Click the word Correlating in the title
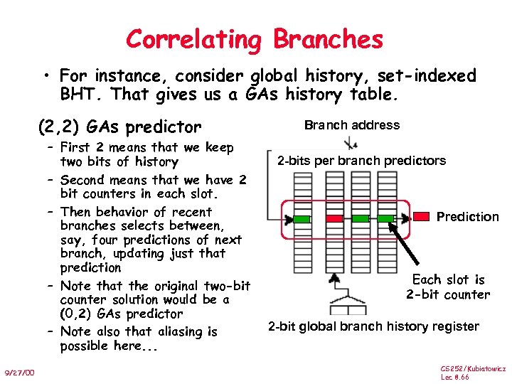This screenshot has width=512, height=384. pos(194,39)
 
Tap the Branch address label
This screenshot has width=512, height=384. pos(352,125)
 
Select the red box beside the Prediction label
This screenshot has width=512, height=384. pos(422,217)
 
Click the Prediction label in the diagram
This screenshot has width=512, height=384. pos(468,217)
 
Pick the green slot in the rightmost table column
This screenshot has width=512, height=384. pos(385,217)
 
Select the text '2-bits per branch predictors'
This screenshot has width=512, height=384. pos(361,161)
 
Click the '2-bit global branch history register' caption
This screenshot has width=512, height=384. pos(373,327)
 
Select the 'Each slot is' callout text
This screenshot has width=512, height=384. pos(448,279)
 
